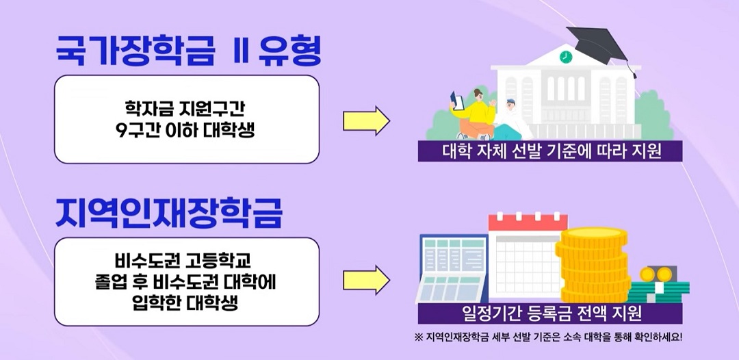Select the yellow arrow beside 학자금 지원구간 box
point(366,121)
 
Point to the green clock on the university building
point(565,57)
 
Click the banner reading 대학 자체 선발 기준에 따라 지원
point(550,151)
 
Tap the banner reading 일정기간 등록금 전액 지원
point(550,314)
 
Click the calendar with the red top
point(523,257)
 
